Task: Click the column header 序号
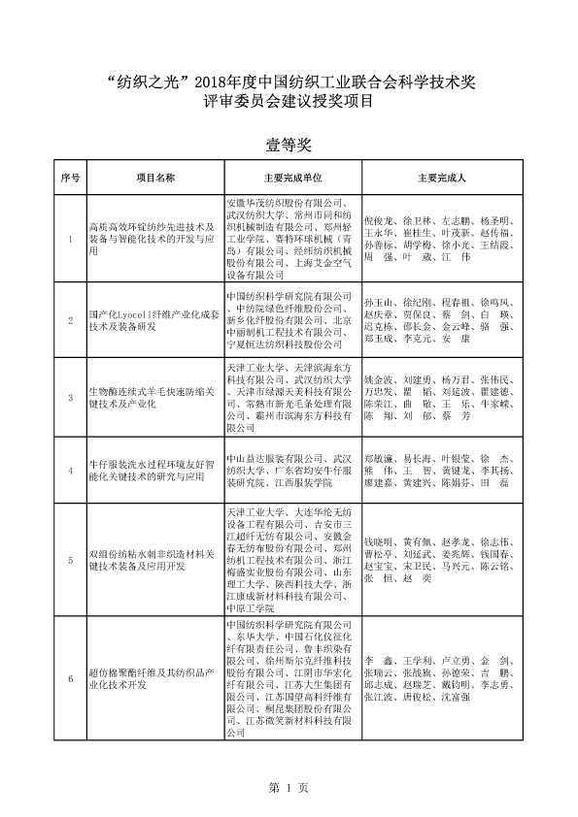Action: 70,179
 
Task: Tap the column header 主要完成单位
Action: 291,179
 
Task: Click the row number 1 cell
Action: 70,238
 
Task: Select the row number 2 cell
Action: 70,318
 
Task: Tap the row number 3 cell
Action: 70,397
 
